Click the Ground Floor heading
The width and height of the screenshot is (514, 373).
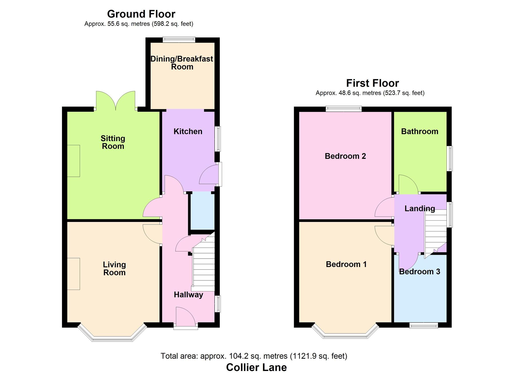[141, 14]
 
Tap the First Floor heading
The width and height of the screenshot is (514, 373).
[372, 83]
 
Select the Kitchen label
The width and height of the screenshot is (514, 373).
[188, 131]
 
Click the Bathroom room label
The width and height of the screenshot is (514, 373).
[419, 131]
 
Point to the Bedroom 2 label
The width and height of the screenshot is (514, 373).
[345, 156]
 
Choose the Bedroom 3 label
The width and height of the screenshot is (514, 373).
[419, 271]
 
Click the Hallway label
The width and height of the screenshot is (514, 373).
[188, 295]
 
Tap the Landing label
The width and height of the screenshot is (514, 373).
[420, 208]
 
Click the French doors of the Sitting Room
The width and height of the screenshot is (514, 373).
[116, 101]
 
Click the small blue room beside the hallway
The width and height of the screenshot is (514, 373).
[202, 211]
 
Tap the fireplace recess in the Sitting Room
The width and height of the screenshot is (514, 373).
[74, 161]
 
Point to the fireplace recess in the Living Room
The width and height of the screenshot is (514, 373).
[74, 274]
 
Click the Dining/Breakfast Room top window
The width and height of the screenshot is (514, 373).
[179, 40]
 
